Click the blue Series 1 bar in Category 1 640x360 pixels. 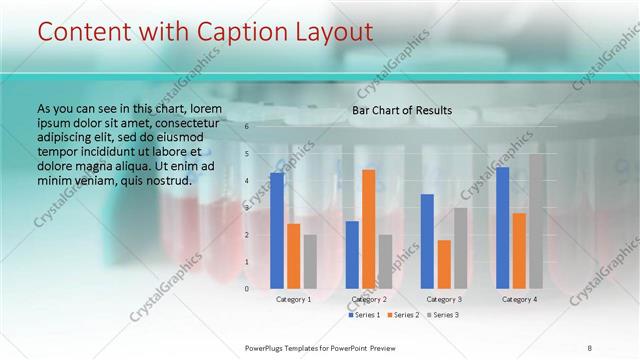coord(277,230)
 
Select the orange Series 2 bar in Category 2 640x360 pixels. coord(368,229)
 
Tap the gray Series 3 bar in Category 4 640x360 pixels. coord(536,221)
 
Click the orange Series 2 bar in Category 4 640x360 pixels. coord(519,250)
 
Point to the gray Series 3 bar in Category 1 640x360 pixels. coord(310,261)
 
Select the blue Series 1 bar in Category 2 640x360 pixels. coord(352,254)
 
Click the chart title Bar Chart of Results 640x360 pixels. coord(402,110)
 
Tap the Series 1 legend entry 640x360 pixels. coord(364,315)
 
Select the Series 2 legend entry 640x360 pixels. coord(403,315)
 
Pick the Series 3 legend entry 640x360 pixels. coord(442,315)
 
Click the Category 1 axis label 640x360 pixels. coord(293,299)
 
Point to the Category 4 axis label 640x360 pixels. coord(519,299)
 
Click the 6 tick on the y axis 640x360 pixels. coord(246,127)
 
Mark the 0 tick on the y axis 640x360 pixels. coord(246,289)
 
